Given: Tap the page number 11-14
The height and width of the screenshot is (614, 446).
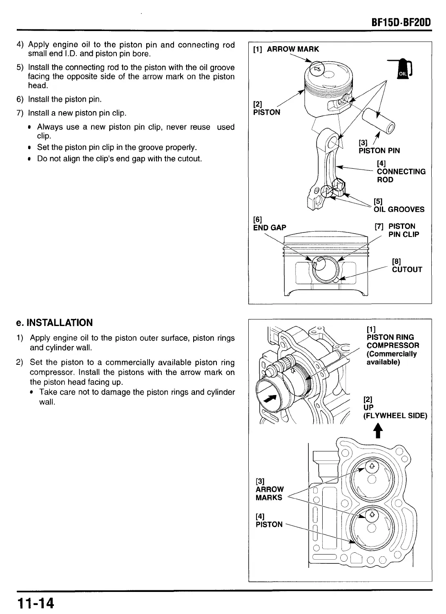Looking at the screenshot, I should (36, 603).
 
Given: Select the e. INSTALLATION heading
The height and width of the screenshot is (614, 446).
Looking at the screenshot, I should (55, 323).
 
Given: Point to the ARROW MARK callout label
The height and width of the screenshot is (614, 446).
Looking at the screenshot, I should (293, 49).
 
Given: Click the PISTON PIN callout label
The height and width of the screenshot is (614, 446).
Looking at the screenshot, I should (379, 151).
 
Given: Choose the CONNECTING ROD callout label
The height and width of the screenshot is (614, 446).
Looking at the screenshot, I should (401, 176).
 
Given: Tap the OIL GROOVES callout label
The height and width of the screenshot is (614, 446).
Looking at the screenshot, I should (399, 210).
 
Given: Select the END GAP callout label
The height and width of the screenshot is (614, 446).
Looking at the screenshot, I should (270, 228).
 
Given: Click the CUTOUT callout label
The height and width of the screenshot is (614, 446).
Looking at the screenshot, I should (407, 270).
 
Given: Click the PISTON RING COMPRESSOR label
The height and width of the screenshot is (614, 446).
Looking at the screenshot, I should (392, 346).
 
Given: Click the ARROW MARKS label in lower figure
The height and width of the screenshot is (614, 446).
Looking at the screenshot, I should (270, 493).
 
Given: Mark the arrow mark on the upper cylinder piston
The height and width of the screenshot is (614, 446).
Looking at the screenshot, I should (372, 466).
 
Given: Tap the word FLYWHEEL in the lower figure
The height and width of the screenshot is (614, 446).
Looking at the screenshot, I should (388, 416).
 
